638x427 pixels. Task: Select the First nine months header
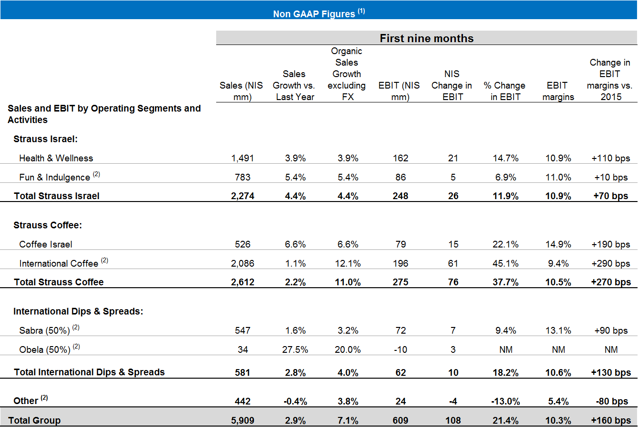coord(426,38)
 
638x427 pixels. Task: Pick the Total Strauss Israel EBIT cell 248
coord(400,195)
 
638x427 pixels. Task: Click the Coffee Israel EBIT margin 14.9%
coord(558,244)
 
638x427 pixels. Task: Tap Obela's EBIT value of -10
coord(400,349)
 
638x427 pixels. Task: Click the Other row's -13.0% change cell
coord(506,401)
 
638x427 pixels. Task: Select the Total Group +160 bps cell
coord(611,420)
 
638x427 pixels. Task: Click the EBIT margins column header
coord(558,91)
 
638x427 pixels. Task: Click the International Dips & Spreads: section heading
coord(78,311)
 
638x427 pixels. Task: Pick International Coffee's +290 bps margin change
coord(611,263)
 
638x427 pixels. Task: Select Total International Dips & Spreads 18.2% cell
coord(506,372)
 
